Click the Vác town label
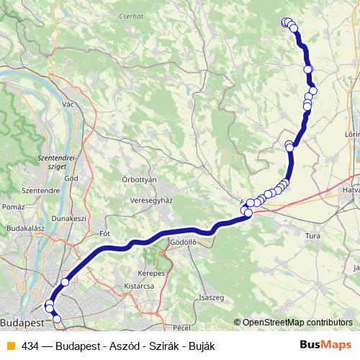pos(68,104)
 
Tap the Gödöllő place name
pos(185,243)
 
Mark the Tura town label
pos(312,235)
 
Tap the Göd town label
pos(71,178)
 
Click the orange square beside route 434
pos(9,346)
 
